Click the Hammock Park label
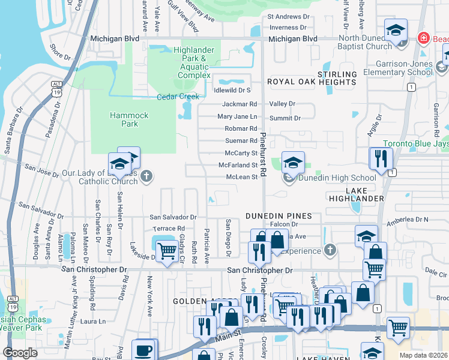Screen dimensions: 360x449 (x=124, y=119)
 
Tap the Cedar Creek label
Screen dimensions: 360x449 (x=178, y=97)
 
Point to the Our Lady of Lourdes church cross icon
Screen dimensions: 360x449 (x=147, y=176)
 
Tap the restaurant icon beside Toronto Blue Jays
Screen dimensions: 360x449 (x=381, y=158)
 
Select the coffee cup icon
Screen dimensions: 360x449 (x=144, y=349)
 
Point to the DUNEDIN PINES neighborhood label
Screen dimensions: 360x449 (x=279, y=216)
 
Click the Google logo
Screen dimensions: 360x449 (x=20, y=353)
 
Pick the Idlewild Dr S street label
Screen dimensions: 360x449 (x=232, y=91)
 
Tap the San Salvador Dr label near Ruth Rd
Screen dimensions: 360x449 (x=173, y=217)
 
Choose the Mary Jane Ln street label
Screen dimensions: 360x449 (x=237, y=116)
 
